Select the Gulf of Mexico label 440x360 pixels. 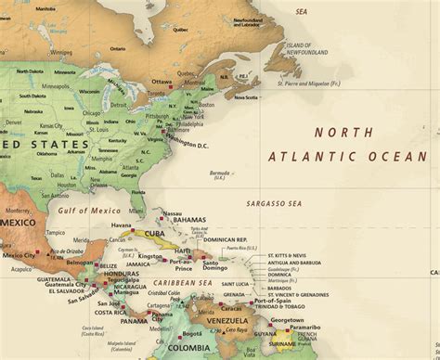[82, 213]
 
